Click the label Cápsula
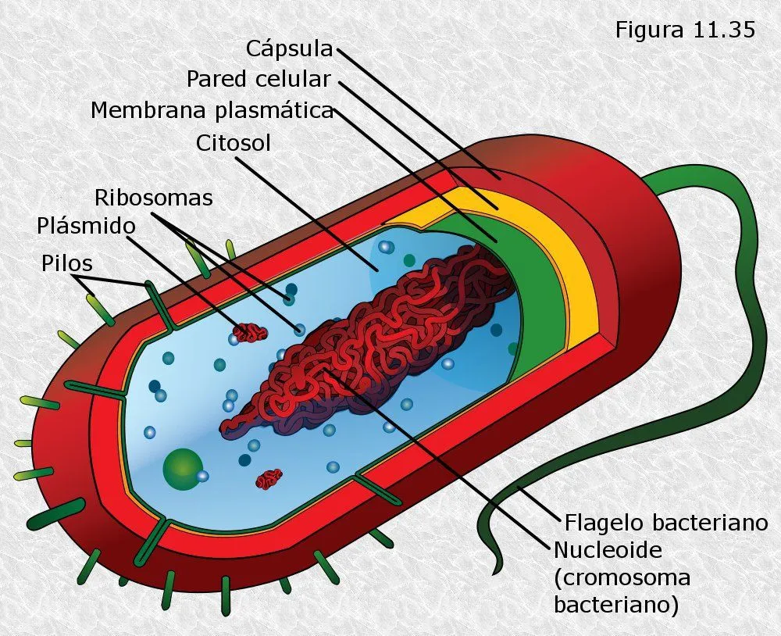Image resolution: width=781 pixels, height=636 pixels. tap(290, 49)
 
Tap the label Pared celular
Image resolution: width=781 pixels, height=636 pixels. tap(259, 79)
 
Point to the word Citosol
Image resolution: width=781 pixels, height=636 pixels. tap(234, 144)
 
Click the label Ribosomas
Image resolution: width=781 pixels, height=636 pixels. tap(153, 198)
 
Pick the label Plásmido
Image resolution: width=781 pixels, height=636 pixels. tap(86, 226)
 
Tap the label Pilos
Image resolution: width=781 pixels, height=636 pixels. tap(67, 263)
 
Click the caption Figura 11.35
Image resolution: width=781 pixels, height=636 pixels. tap(685, 30)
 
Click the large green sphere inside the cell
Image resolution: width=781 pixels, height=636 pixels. tap(182, 468)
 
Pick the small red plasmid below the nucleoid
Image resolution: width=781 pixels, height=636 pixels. tap(269, 478)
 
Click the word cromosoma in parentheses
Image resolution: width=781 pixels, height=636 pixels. tap(622, 577)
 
